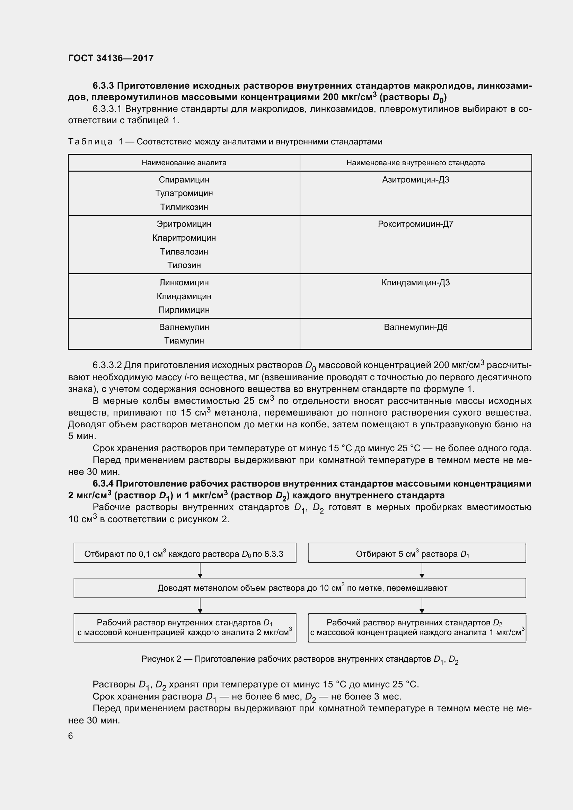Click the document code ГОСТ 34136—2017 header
tap(111, 58)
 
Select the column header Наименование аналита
tap(184, 163)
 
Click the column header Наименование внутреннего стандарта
tap(415, 163)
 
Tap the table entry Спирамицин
tap(184, 180)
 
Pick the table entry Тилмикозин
tap(184, 207)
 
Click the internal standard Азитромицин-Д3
tap(415, 180)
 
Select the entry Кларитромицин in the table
tap(184, 238)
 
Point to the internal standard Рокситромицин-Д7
tap(415, 224)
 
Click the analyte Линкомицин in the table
tap(184, 283)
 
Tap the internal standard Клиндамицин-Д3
tap(415, 283)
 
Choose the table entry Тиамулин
tap(184, 341)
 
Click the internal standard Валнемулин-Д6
tap(415, 327)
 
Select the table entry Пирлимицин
tap(184, 310)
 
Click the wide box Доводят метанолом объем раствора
tap(300, 588)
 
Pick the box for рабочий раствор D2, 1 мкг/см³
tap(417, 627)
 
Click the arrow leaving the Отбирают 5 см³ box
tap(422, 570)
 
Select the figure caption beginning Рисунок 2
tap(300, 659)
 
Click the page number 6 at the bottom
tap(71, 736)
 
